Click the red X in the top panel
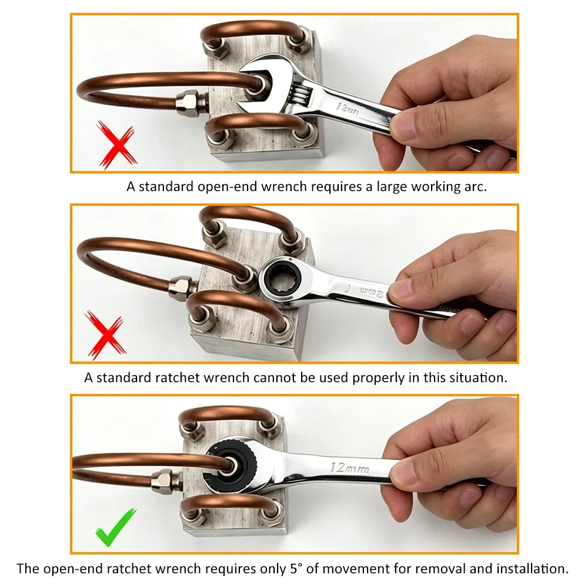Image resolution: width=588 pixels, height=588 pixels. [x=117, y=145]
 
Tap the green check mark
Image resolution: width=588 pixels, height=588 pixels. [x=115, y=527]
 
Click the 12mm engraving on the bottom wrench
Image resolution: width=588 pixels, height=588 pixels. [x=349, y=468]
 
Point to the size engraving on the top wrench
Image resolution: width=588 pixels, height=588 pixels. [x=347, y=109]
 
